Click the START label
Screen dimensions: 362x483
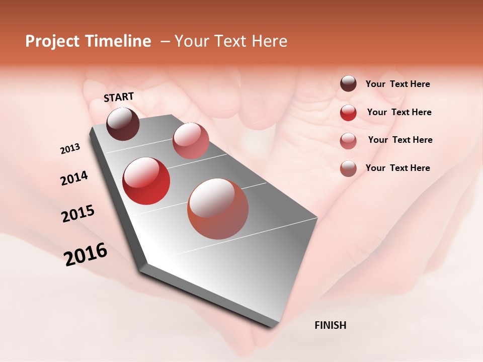point(119,97)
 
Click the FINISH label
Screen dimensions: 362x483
point(330,325)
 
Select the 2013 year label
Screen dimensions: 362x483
point(70,149)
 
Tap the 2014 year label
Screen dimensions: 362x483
point(74,178)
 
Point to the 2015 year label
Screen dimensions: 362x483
point(77,213)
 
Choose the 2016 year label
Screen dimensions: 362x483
point(86,254)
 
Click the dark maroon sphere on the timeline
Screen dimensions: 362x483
point(123,124)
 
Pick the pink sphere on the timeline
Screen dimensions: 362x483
point(191,141)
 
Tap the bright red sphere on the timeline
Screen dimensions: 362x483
point(146,181)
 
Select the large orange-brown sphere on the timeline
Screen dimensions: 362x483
point(218,209)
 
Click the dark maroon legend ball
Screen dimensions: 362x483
point(348,83)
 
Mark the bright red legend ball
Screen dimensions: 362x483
point(348,113)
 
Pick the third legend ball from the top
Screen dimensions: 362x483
point(348,141)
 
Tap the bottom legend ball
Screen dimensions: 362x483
point(348,168)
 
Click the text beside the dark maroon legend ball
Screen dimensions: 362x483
point(397,84)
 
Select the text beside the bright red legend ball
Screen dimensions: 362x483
point(399,112)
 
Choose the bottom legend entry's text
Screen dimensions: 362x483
point(397,168)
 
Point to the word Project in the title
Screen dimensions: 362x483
point(52,41)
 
